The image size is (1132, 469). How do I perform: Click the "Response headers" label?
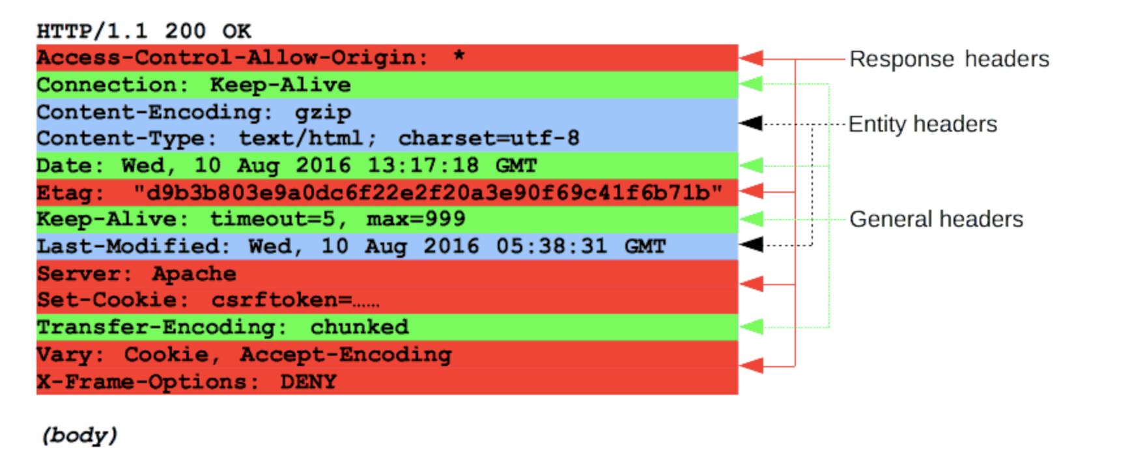pos(949,59)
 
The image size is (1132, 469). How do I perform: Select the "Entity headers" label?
pos(922,124)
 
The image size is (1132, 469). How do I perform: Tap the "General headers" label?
pos(936,220)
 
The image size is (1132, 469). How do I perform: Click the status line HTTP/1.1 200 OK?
pos(143,31)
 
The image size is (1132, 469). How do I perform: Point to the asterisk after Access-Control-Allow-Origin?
pos(459,56)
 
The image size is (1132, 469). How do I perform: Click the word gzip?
pos(322,113)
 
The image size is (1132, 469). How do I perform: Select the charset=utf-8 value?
pos(488,138)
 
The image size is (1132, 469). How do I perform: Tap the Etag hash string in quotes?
pos(428,193)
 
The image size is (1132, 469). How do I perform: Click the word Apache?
pos(194,274)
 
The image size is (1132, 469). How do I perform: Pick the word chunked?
pos(359,327)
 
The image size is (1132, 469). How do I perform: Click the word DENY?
pos(308,382)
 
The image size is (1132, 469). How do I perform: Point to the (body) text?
pos(79,435)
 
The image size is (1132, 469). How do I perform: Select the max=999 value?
pos(416,220)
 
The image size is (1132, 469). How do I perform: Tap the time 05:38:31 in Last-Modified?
pos(551,246)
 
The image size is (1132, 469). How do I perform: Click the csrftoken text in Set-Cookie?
pos(281,300)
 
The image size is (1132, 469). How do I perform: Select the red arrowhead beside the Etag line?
pos(751,192)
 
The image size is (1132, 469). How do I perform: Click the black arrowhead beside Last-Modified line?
pos(751,245)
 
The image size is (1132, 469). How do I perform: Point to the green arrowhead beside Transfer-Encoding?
pos(751,327)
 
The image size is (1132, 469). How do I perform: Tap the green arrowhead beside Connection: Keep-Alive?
pos(751,84)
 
